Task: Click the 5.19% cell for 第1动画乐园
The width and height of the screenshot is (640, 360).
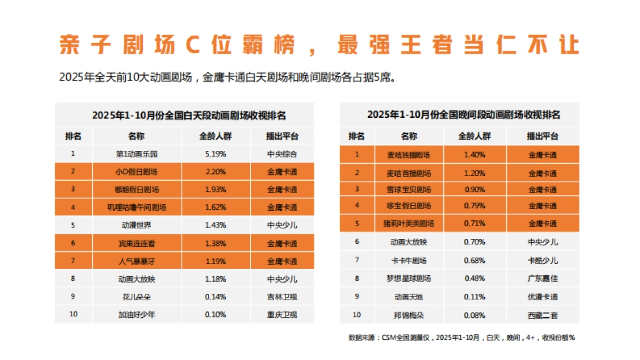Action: (216, 154)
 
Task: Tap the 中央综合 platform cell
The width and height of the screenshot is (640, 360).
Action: (282, 154)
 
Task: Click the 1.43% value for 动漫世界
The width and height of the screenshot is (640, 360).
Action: (216, 225)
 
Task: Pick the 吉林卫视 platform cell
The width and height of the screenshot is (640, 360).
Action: (282, 297)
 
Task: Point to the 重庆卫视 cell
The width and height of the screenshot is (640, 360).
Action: (282, 314)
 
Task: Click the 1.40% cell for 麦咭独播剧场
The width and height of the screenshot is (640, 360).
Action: (474, 155)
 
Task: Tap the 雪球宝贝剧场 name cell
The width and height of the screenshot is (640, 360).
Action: (409, 189)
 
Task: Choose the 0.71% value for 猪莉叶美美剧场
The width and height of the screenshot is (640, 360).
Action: (474, 223)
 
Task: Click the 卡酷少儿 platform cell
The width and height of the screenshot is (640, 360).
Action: (542, 260)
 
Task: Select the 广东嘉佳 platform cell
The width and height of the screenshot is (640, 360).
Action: (542, 278)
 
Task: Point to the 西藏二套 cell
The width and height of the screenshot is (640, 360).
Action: (542, 315)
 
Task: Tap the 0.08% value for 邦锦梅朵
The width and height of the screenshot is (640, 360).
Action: (474, 315)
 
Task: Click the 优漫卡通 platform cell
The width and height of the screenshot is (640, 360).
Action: (542, 297)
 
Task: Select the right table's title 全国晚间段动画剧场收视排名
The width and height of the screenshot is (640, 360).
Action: (463, 115)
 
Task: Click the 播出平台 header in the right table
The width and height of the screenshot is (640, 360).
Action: (542, 136)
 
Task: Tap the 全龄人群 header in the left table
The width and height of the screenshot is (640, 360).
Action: (216, 136)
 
